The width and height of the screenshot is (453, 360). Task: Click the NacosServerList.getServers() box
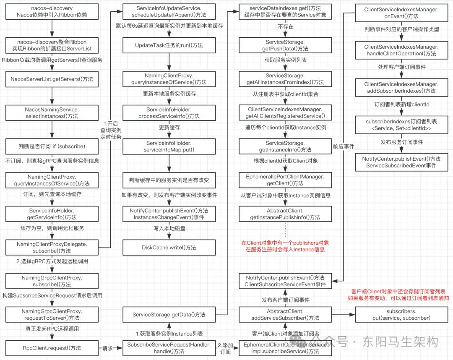pos(52,78)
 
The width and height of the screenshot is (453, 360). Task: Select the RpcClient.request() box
pos(52,348)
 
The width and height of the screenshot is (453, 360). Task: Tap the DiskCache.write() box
pos(169,247)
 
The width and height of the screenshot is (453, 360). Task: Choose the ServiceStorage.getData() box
pos(169,314)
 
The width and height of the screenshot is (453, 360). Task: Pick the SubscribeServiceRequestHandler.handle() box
pos(169,348)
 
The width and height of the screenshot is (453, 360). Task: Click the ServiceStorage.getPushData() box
pos(285,45)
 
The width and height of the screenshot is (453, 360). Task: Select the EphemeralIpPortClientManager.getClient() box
pos(285,180)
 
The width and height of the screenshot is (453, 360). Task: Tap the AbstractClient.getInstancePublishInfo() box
pos(285,214)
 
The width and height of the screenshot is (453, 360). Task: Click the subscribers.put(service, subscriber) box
pos(401,314)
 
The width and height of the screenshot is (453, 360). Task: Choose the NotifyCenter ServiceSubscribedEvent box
pos(401,162)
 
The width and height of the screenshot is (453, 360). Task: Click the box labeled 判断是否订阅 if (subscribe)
pos(52,146)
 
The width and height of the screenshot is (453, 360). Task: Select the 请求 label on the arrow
pos(108,348)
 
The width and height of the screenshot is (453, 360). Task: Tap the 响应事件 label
pos(344,146)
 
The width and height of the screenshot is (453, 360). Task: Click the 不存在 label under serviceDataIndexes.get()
pos(285,27)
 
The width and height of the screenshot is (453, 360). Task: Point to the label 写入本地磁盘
pos(169,229)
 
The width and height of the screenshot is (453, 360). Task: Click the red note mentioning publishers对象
pos(285,246)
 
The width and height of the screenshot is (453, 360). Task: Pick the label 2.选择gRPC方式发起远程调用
pos(46,261)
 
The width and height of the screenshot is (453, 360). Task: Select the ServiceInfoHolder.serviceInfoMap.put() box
pos(169,146)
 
